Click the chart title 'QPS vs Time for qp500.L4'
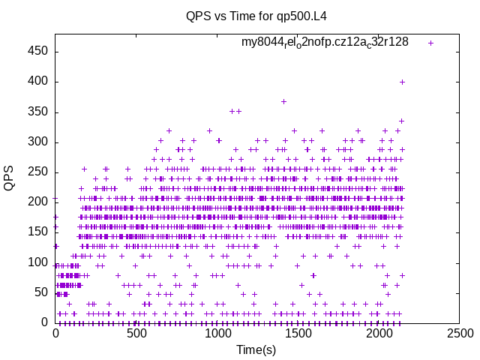click(256, 16)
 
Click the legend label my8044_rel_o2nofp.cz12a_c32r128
click(325, 42)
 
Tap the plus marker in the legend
click(430, 43)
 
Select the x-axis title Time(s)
click(256, 349)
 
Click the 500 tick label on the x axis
click(136, 333)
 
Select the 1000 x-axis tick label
click(217, 333)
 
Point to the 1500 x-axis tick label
click(298, 333)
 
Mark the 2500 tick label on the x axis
click(460, 333)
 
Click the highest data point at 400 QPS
click(402, 82)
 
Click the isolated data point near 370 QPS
click(283, 101)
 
